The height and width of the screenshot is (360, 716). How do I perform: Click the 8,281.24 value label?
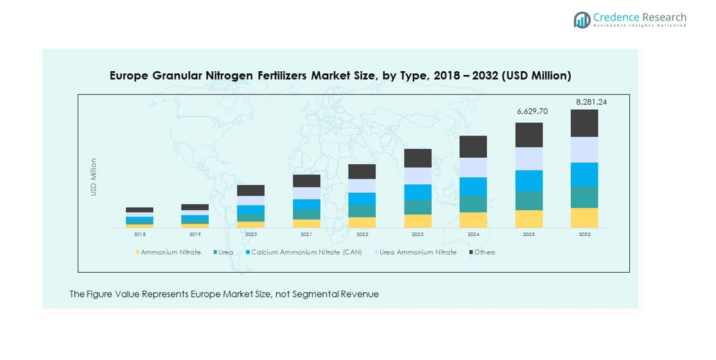pos(591,102)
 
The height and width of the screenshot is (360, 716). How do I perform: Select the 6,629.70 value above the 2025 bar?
pos(532,112)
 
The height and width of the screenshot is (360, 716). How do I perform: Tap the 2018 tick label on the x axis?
pos(139,235)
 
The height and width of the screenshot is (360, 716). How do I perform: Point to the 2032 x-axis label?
pos(584,235)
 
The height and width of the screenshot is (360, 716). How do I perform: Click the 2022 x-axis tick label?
pos(362,235)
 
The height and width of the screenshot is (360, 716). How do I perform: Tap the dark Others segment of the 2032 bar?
pos(584,123)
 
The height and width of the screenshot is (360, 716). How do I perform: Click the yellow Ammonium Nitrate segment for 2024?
pos(473,220)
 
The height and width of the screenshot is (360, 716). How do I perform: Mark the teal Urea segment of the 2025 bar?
pos(529,200)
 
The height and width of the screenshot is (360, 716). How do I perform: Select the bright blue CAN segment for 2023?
pos(417,192)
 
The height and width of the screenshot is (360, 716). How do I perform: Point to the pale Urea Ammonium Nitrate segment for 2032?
pos(584,150)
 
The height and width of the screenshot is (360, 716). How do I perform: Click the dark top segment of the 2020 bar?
pos(250,191)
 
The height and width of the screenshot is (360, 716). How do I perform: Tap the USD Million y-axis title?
pos(94,177)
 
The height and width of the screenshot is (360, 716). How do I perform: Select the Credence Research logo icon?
pos(582,20)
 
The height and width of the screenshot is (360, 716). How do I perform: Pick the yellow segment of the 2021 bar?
pos(306,223)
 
